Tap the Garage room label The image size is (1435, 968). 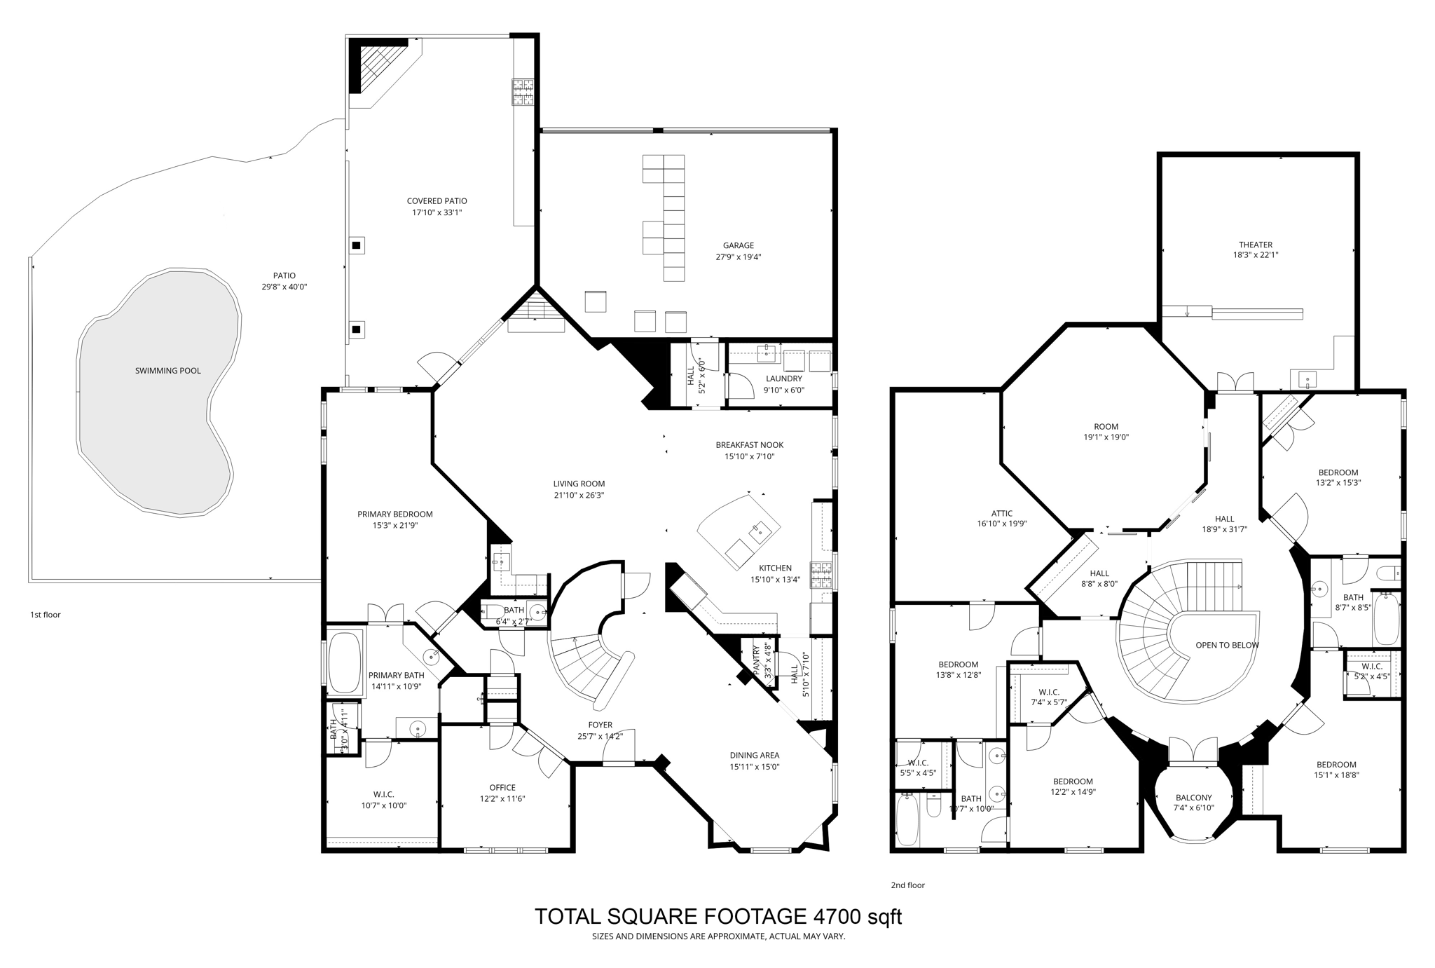click(x=739, y=246)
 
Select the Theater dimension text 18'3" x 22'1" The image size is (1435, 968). click(x=1255, y=256)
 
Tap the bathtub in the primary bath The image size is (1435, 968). click(x=344, y=663)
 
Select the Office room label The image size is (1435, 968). click(x=502, y=787)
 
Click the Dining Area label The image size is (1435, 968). click(x=754, y=755)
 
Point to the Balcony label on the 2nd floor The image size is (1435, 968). click(x=1193, y=798)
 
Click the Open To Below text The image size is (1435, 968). click(x=1227, y=645)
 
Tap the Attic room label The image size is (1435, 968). click(x=1001, y=513)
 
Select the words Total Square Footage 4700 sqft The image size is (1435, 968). click(x=718, y=916)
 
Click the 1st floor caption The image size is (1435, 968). click(x=46, y=615)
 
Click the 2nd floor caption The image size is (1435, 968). click(x=907, y=885)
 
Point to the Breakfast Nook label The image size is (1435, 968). click(x=749, y=445)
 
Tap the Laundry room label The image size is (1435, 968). click(x=783, y=379)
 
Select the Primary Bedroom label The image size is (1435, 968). click(x=395, y=514)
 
